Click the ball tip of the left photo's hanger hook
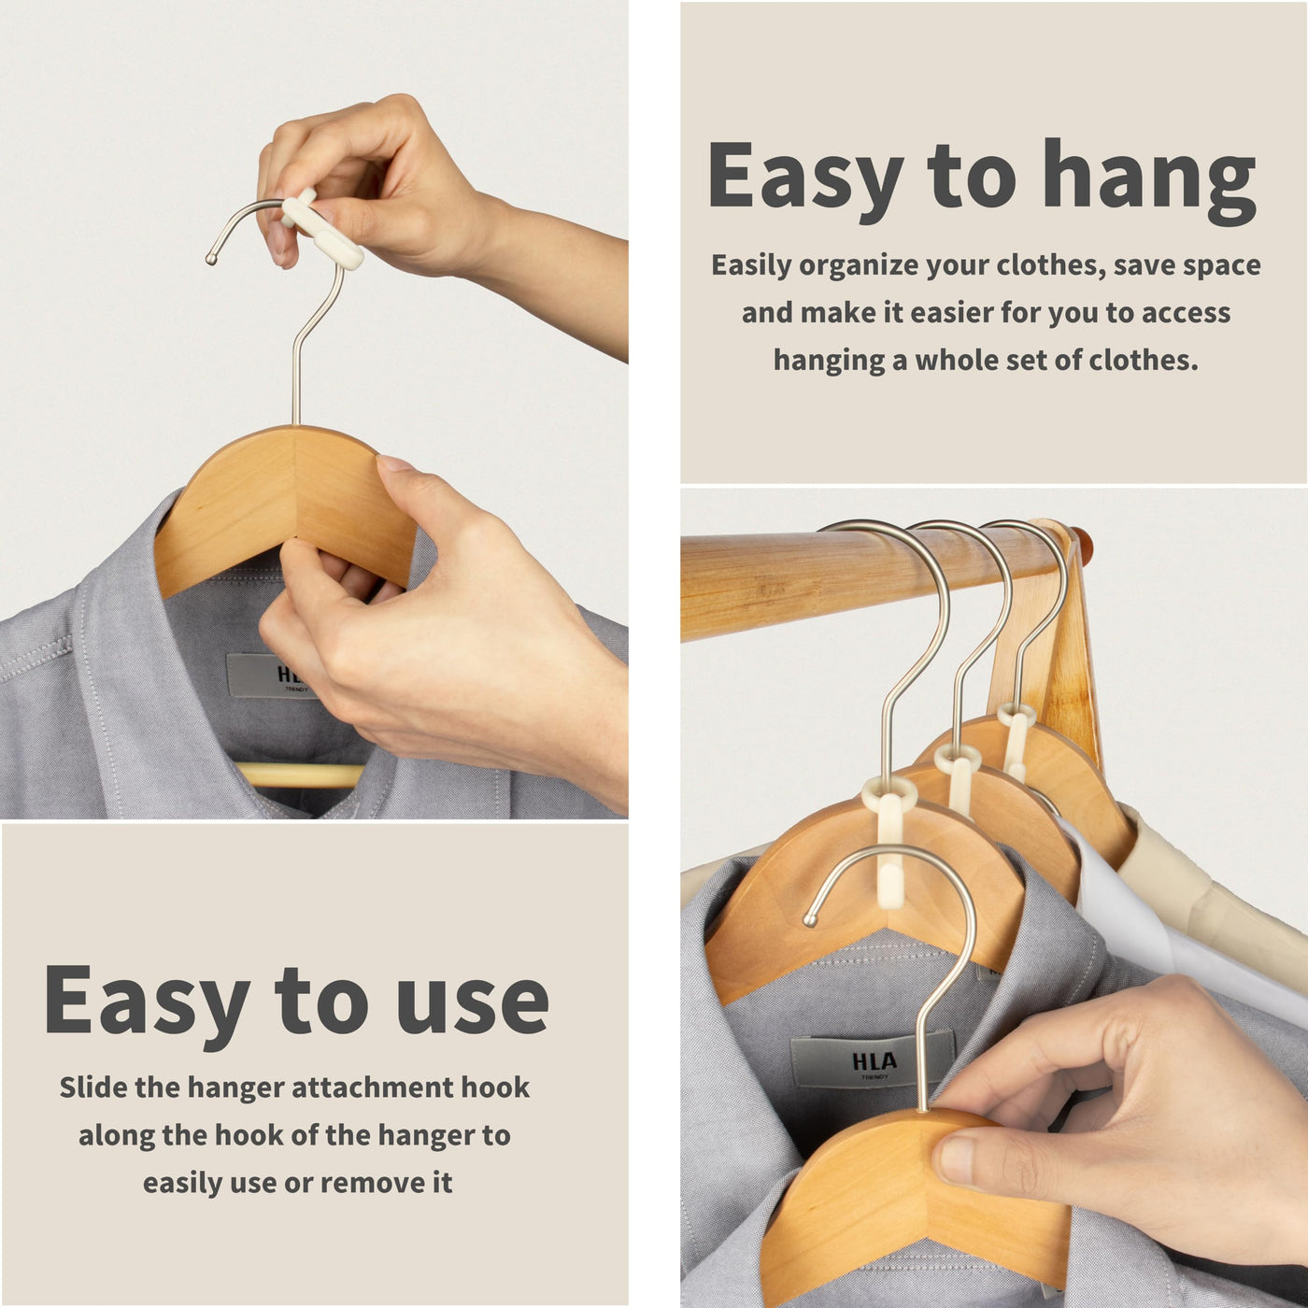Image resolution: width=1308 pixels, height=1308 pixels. click(211, 259)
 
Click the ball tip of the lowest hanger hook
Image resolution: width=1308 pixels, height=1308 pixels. click(810, 919)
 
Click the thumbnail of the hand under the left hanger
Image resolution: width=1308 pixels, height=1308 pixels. click(396, 463)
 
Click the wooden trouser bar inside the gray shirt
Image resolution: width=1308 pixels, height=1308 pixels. click(299, 775)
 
